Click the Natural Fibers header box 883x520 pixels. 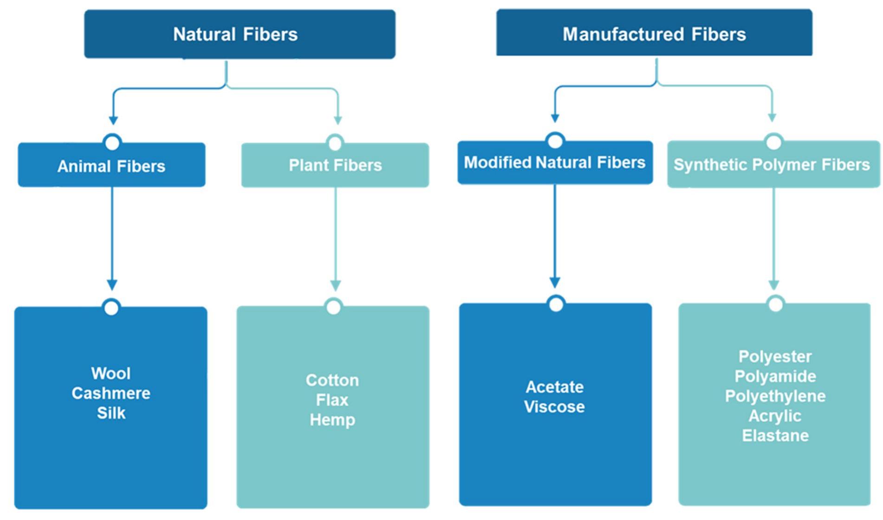click(x=239, y=34)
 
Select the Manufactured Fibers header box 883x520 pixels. click(x=654, y=33)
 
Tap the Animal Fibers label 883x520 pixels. click(x=111, y=166)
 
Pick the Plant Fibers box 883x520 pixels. click(x=335, y=165)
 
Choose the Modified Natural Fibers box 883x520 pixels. click(x=554, y=162)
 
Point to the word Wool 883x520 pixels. click(x=111, y=374)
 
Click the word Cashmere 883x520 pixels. click(x=111, y=394)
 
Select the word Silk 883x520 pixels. click(x=111, y=413)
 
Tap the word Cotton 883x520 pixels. click(x=332, y=381)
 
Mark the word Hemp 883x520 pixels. click(x=332, y=420)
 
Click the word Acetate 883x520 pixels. click(x=554, y=387)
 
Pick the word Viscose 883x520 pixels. click(x=554, y=407)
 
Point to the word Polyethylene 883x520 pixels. click(x=775, y=396)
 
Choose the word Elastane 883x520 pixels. click(x=775, y=436)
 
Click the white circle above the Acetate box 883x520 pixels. click(x=556, y=305)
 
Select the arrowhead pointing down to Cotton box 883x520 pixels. click(x=336, y=285)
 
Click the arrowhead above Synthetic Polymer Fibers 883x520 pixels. click(x=772, y=117)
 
